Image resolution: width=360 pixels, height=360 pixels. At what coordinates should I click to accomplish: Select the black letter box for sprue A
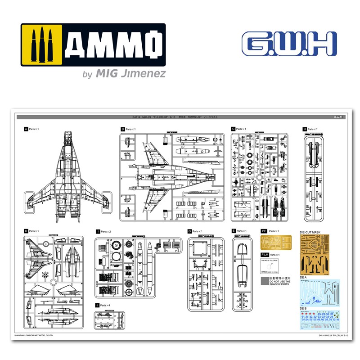tap(26, 129)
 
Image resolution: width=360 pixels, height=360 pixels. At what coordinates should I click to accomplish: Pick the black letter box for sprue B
tap(122, 129)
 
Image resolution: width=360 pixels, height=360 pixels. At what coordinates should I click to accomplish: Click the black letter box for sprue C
tap(233, 129)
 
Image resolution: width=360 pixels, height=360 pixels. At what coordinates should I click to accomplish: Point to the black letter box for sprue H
tap(305, 129)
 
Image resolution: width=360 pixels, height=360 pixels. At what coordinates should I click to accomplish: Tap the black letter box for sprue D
tap(26, 231)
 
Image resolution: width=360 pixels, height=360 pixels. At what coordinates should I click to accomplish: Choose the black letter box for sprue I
tap(98, 231)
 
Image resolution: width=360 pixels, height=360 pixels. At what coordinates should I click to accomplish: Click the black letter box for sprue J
tap(98, 305)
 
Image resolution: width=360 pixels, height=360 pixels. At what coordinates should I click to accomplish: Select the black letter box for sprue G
tap(190, 231)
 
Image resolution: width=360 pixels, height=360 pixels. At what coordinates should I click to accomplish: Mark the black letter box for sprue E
tap(233, 231)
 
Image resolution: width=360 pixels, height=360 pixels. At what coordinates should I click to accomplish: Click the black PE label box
tap(264, 231)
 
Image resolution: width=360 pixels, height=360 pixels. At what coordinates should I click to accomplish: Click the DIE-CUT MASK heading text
tap(311, 232)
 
